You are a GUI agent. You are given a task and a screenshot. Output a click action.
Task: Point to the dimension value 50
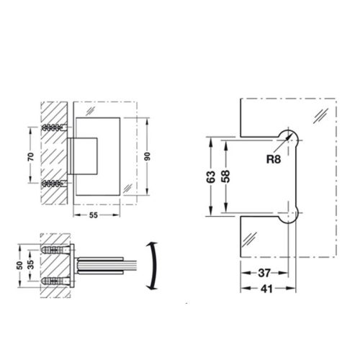(x=19, y=264)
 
